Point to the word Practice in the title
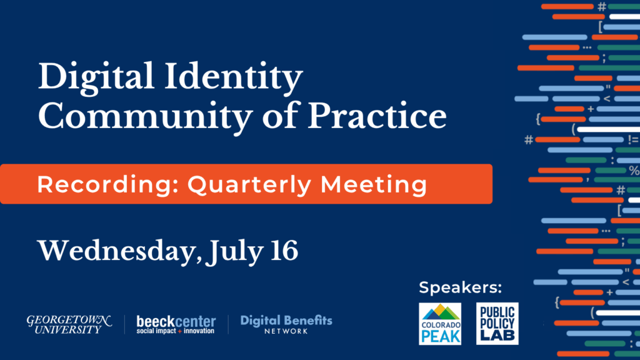377,116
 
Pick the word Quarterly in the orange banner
249,185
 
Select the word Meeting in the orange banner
374,185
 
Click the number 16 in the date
284,251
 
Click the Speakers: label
461,287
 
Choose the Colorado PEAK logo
440,324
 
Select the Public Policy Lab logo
497,324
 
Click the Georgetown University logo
69,324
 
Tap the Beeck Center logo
176,325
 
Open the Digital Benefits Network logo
286,324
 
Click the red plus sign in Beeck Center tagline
179,331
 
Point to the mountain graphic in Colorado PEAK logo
440,312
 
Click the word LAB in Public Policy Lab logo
497,336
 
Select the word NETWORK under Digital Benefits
286,331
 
